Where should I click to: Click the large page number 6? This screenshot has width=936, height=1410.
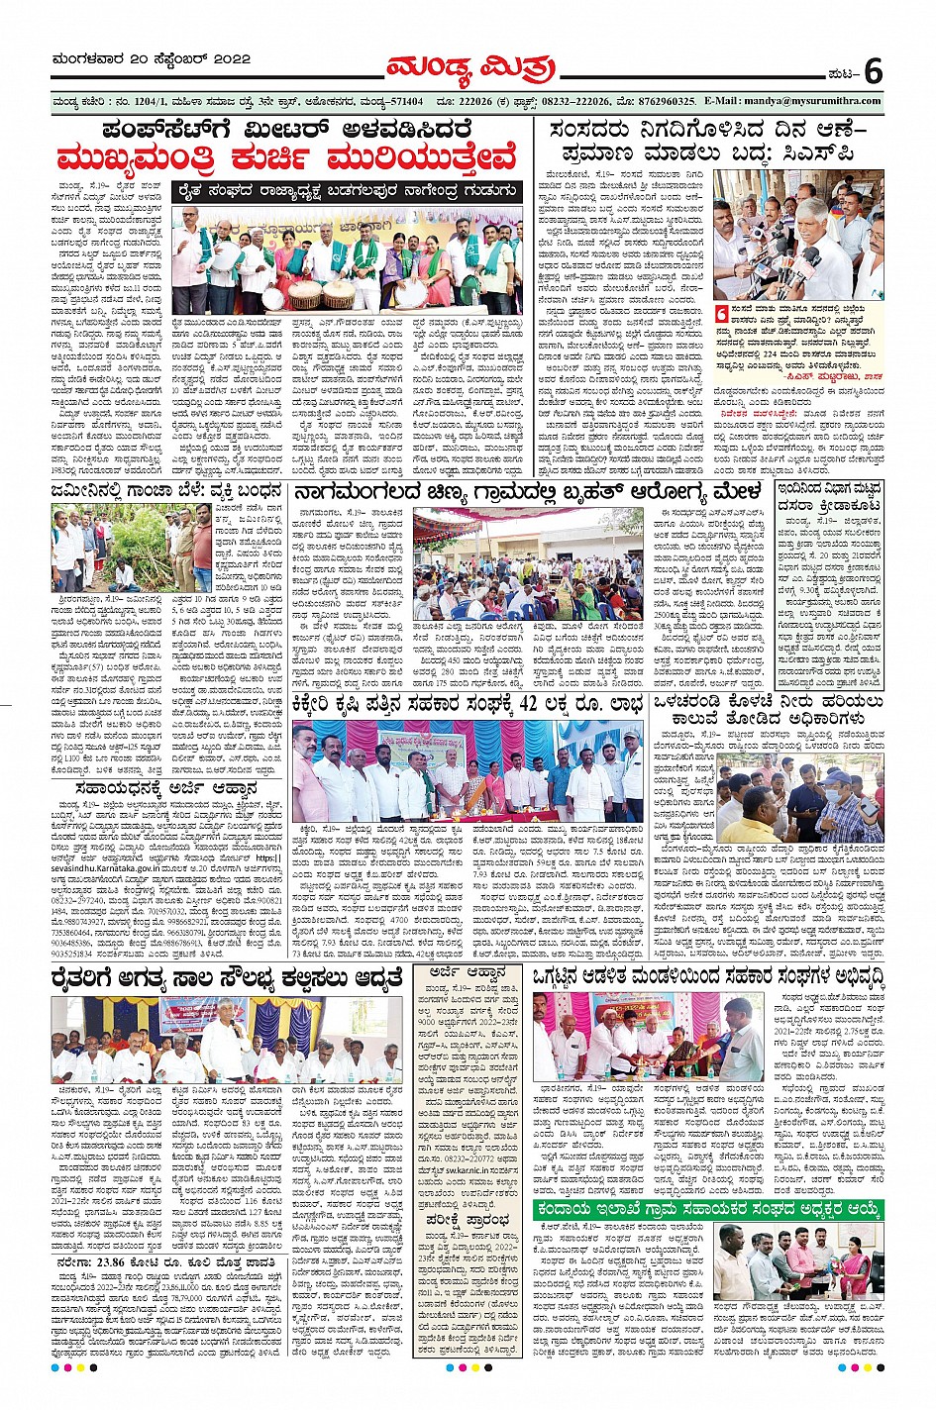[872, 71]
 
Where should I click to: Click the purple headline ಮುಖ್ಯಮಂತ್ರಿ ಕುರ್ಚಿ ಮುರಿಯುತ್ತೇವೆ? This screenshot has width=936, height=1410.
[287, 159]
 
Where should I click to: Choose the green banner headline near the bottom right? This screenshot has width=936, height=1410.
[708, 1209]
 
